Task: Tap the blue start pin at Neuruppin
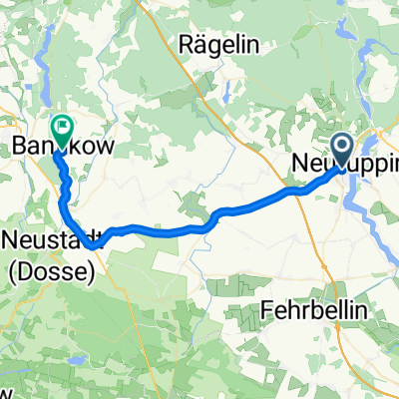(x=341, y=152)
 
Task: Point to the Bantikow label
(x=63, y=147)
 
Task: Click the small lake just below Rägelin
(x=227, y=92)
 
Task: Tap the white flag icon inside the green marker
(x=63, y=126)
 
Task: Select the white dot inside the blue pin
(x=341, y=148)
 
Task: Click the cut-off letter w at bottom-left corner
(x=6, y=391)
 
